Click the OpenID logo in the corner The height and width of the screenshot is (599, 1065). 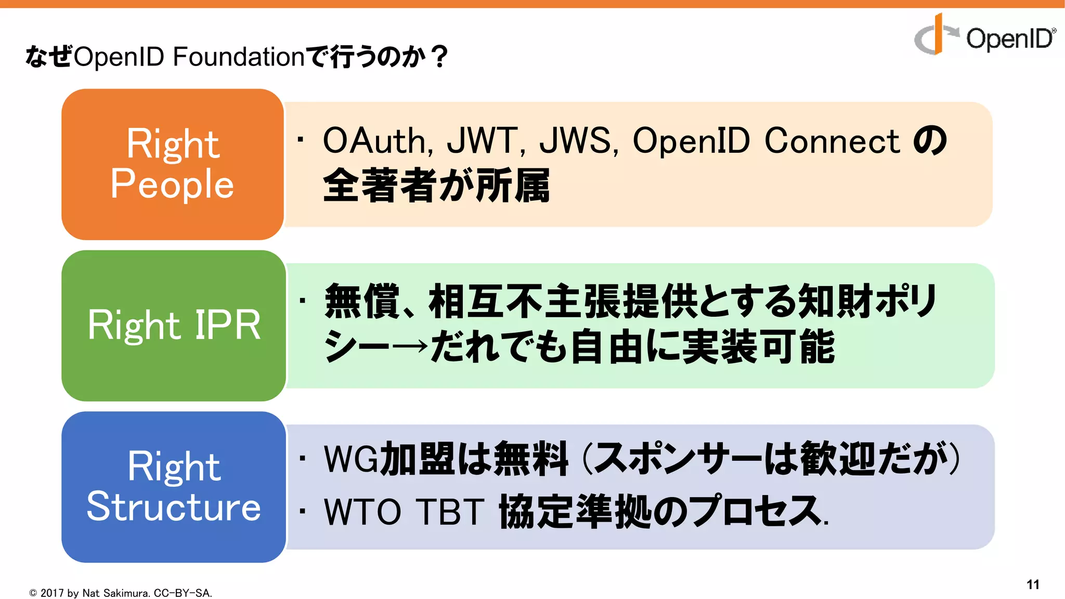pos(984,35)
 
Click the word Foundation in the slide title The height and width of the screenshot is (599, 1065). pos(238,56)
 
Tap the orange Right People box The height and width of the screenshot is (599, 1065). pos(173,164)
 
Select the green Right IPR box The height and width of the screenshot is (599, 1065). pos(174,325)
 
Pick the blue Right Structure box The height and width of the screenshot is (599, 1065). pos(174,487)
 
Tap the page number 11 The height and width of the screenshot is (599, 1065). pos(1033,584)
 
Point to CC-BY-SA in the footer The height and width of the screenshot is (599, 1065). pos(182,593)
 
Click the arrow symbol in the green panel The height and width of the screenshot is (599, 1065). pos(410,347)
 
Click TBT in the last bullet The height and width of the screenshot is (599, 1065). pos(450,512)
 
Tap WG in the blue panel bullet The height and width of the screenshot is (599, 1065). pos(350,459)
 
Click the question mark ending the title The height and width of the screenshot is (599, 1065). pos(439,56)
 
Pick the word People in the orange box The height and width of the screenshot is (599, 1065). pos(172,184)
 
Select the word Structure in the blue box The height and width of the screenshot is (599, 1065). pos(174,506)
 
